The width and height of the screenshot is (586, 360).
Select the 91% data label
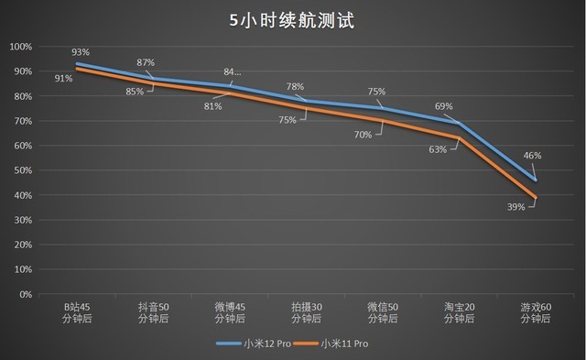point(63,78)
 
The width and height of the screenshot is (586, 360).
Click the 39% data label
point(515,208)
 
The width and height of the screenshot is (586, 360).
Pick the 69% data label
point(443,106)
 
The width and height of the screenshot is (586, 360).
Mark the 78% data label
point(295,87)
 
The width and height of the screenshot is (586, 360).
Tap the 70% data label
point(363,135)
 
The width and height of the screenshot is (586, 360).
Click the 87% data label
point(145,62)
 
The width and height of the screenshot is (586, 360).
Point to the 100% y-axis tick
point(20,47)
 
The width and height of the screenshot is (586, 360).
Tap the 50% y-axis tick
point(22,171)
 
